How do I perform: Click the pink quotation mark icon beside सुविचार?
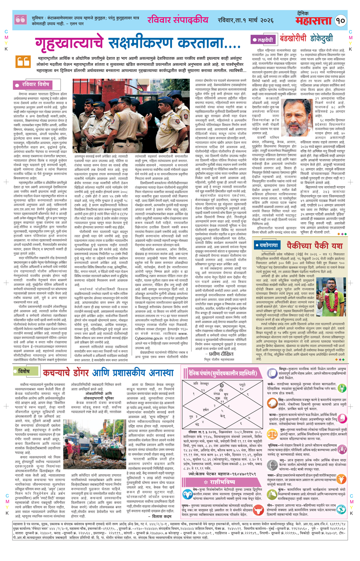coord(21,20)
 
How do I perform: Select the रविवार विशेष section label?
coord(33,85)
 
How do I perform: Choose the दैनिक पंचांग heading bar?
coord(222,373)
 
